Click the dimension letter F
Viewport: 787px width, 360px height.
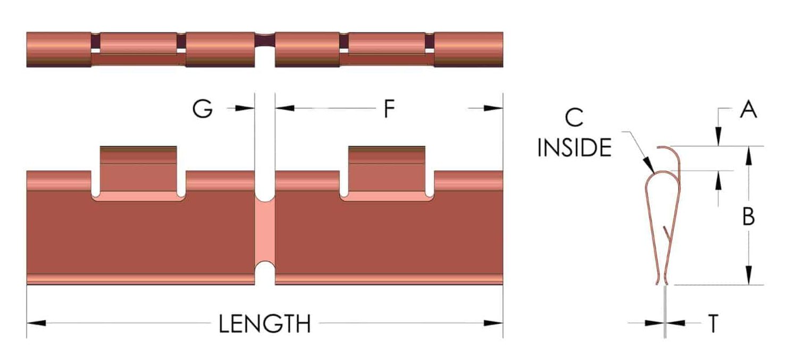(389, 108)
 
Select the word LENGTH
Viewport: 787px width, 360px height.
(265, 323)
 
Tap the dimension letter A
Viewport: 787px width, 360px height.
(748, 109)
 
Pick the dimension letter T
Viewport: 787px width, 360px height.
(713, 323)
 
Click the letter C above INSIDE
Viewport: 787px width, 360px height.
(574, 118)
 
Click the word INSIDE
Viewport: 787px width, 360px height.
(575, 147)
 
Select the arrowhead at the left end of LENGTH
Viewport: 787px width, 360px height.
(36, 323)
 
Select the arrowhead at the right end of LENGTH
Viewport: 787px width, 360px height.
(493, 323)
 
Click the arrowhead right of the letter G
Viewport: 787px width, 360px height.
(245, 108)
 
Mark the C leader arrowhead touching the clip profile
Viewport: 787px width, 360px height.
(649, 164)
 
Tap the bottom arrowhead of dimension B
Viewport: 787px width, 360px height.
(749, 275)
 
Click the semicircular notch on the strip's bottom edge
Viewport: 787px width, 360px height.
(265, 273)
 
